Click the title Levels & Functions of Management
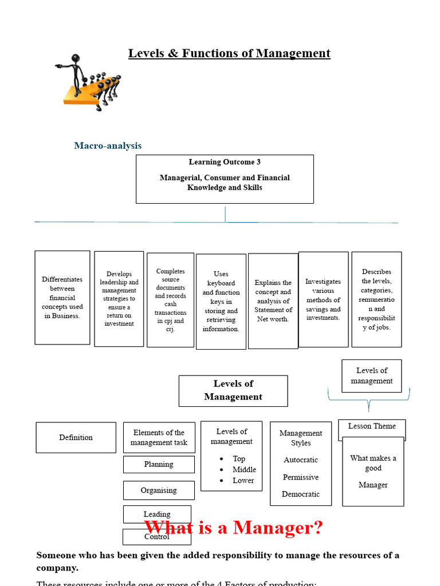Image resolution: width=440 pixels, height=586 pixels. point(229,54)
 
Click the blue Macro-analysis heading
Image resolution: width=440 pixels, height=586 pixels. point(108,146)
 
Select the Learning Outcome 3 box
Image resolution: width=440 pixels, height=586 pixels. point(225,179)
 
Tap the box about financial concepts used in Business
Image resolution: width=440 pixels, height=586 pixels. point(62,298)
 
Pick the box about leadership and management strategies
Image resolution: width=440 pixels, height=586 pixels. point(119,299)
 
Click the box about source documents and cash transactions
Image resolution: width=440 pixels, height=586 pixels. point(170,300)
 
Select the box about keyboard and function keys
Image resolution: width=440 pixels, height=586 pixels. point(221,302)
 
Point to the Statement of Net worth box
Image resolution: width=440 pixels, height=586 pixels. point(273,301)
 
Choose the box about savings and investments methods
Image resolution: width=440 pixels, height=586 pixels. point(323,299)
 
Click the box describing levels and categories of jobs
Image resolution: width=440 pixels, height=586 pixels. point(376,299)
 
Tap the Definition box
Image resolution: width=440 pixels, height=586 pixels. point(76,438)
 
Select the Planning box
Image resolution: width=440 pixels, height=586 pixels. point(159,465)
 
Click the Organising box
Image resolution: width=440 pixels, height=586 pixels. point(159,490)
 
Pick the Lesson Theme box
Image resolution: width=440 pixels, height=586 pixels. point(372,427)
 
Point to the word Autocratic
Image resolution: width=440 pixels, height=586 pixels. point(301,460)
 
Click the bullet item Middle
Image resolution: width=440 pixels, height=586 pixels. point(244,470)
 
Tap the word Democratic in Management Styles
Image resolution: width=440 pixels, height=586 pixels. point(301,494)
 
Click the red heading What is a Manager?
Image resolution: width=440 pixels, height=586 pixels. point(234,528)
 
